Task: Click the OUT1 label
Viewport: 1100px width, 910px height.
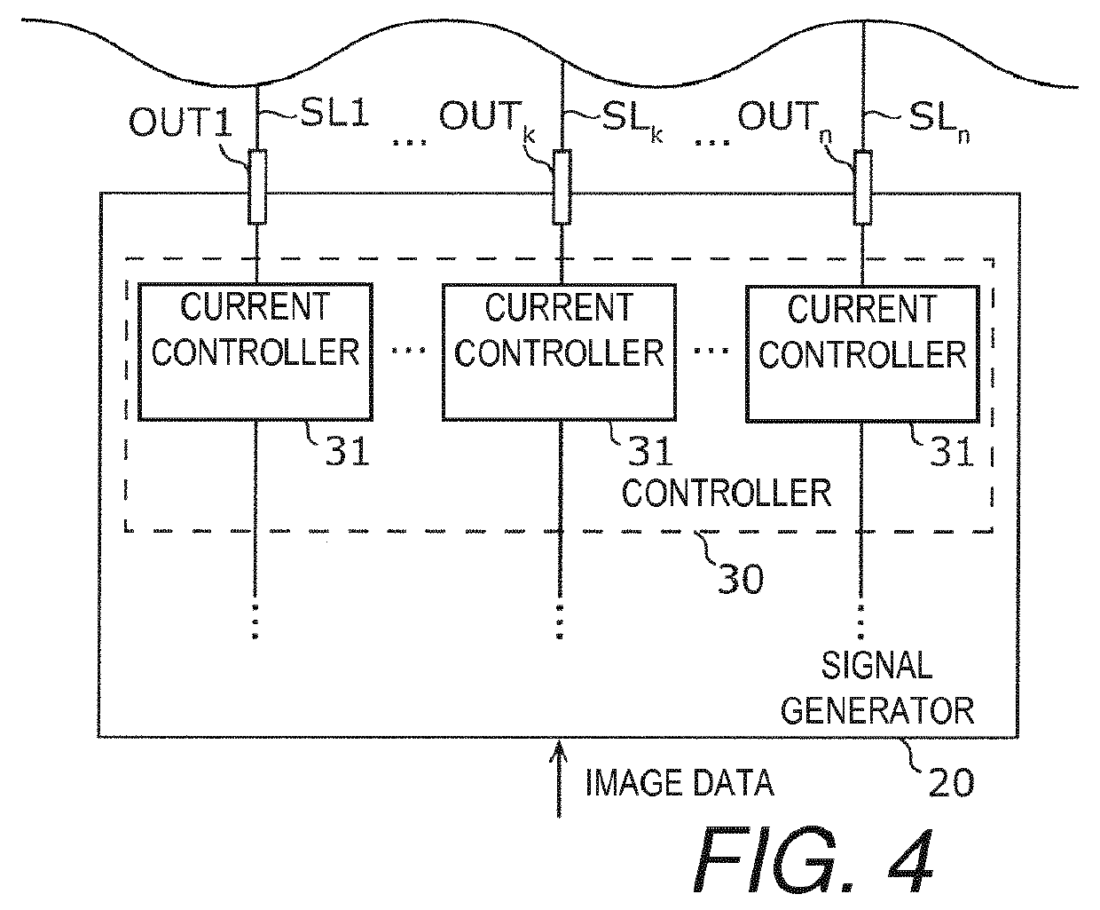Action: pyautogui.click(x=180, y=122)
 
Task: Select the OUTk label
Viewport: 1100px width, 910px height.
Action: pyautogui.click(x=487, y=119)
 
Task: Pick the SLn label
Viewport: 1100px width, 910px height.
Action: pyautogui.click(x=939, y=121)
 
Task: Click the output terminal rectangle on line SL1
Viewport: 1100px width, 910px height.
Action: pyautogui.click(x=257, y=186)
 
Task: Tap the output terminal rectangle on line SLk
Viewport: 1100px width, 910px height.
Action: pyautogui.click(x=562, y=186)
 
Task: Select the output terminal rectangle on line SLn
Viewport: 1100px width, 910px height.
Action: pyautogui.click(x=862, y=187)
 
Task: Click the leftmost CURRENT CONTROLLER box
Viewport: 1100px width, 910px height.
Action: pyautogui.click(x=255, y=352)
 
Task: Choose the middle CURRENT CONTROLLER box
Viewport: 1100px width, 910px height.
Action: pyautogui.click(x=559, y=352)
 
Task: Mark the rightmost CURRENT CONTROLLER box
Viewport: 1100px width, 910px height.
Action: pyautogui.click(x=862, y=353)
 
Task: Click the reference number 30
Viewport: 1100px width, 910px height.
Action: pyautogui.click(x=740, y=579)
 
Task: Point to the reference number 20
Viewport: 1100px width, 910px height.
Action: pyautogui.click(x=951, y=782)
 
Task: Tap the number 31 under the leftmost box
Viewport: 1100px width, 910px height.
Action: pyautogui.click(x=347, y=451)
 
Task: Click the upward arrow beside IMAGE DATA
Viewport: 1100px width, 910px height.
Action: pyautogui.click(x=559, y=779)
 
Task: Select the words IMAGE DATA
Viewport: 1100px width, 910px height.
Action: pyautogui.click(x=680, y=782)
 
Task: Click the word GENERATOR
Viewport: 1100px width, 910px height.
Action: pyautogui.click(x=877, y=711)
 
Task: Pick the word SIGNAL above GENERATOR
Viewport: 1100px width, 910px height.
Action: pyautogui.click(x=877, y=665)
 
